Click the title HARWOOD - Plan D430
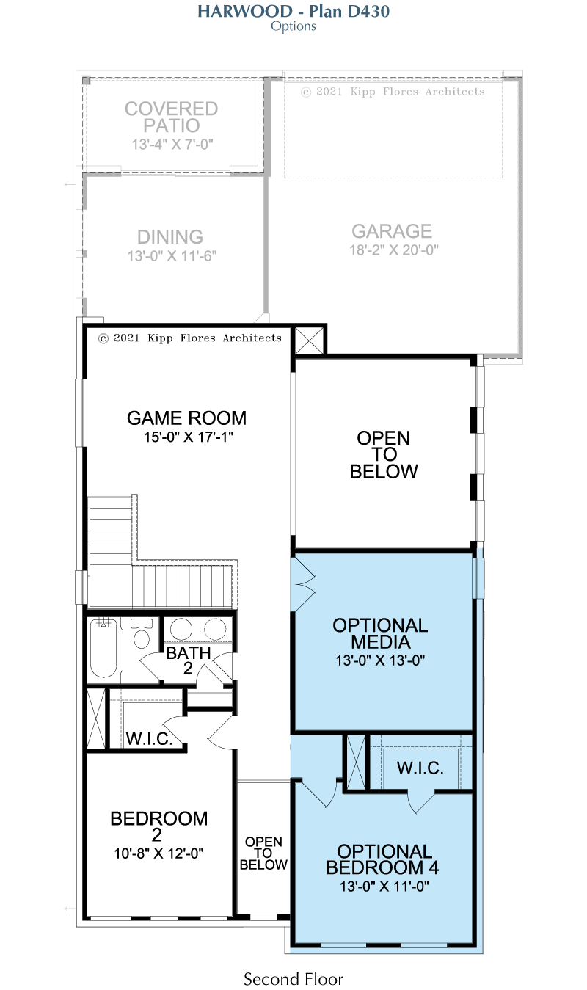click(293, 11)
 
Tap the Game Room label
click(186, 418)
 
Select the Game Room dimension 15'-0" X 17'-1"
click(189, 437)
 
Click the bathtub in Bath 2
click(103, 649)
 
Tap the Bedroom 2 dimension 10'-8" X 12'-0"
click(158, 853)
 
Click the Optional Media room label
click(380, 633)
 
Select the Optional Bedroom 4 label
click(382, 859)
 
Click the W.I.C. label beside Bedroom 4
click(420, 768)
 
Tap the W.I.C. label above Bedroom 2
click(149, 738)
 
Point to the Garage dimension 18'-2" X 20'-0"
click(394, 250)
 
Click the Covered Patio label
click(172, 117)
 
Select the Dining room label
click(170, 237)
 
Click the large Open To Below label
click(384, 454)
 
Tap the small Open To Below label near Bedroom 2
click(263, 853)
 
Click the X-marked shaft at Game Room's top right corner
click(309, 341)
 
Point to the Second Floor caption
click(293, 978)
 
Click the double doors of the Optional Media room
click(303, 584)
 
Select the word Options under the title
click(293, 26)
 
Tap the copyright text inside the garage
click(393, 92)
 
